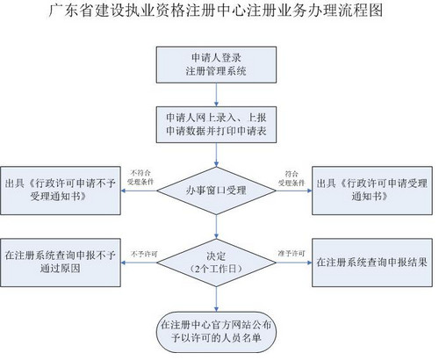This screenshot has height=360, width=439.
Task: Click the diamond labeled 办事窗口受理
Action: tap(216, 189)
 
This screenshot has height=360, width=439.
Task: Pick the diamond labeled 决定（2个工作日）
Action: tap(215, 260)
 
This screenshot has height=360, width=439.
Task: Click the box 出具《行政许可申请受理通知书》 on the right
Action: tap(371, 189)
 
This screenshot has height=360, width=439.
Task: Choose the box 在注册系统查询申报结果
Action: tap(371, 261)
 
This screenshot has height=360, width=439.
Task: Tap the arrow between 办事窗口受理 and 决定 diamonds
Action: tap(215, 224)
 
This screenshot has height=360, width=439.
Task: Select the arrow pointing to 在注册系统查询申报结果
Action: tap(290, 261)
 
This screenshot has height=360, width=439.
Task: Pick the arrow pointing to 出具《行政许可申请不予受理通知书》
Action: tap(140, 190)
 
